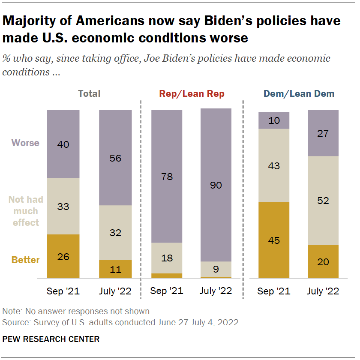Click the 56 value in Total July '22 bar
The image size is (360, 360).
click(x=115, y=158)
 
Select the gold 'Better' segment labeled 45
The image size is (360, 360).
click(x=274, y=240)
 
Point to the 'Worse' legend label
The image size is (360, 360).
click(x=25, y=143)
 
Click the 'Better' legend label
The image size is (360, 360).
click(x=25, y=260)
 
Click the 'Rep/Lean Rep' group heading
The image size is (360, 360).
click(x=192, y=94)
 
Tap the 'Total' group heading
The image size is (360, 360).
click(x=89, y=93)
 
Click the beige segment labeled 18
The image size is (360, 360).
click(x=166, y=258)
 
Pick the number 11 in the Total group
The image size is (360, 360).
click(x=115, y=270)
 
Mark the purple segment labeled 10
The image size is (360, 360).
click(x=274, y=120)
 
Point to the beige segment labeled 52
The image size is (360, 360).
click(x=323, y=200)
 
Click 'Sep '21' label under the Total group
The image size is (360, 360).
click(x=63, y=291)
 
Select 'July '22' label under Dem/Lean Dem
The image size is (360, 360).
click(x=323, y=291)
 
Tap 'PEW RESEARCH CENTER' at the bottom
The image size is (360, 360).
click(x=51, y=339)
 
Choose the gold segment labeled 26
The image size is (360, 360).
click(x=63, y=256)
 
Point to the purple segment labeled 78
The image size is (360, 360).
click(x=166, y=176)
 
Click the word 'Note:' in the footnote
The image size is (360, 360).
click(x=12, y=311)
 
